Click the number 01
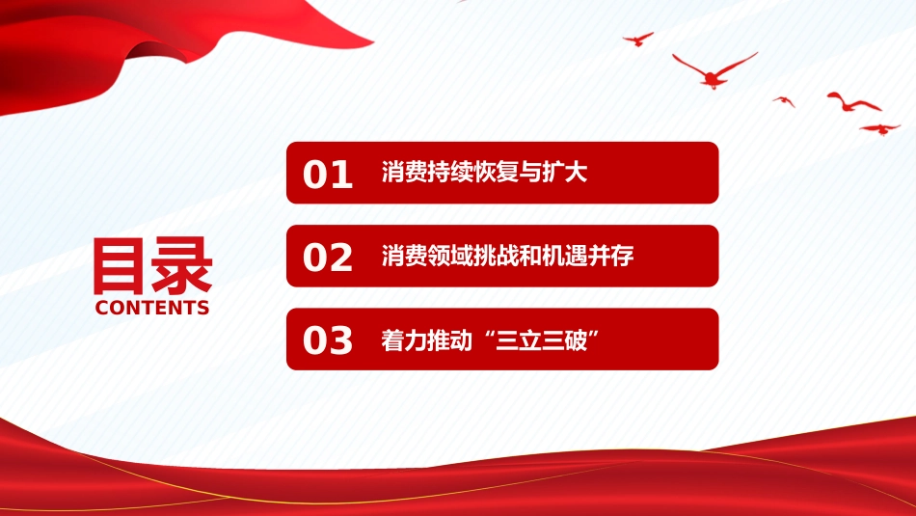point(328,175)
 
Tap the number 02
point(328,258)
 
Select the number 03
point(328,340)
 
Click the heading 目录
point(152,266)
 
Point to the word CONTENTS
point(152,308)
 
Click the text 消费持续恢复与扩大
point(484,173)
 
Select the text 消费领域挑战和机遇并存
point(507,256)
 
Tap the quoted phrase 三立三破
point(542,340)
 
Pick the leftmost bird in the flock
point(638,40)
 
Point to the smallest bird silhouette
point(784,101)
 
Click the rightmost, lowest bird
point(879,129)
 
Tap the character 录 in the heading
point(182,266)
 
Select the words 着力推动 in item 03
point(427,340)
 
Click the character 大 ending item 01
point(576,173)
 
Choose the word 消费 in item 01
point(404,173)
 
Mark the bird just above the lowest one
point(853,103)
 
